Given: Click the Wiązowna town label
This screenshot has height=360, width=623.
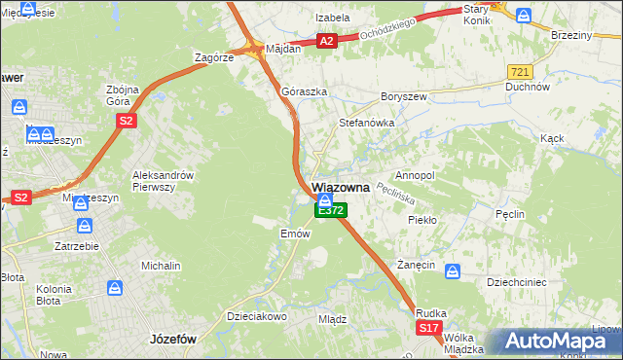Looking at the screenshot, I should [x=340, y=188].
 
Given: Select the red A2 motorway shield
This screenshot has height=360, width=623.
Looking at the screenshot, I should [x=326, y=41].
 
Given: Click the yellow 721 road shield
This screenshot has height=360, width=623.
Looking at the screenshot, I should [x=520, y=73].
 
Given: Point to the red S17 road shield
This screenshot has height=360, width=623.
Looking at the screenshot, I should [x=429, y=329].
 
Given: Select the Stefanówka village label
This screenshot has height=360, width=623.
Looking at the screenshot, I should [x=365, y=124].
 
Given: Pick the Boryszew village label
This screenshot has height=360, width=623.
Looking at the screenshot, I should [x=403, y=98].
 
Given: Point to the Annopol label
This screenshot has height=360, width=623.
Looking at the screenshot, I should [x=414, y=176].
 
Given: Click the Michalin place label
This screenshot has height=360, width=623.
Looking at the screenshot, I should [x=162, y=266].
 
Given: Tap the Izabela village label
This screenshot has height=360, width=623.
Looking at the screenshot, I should [x=332, y=18].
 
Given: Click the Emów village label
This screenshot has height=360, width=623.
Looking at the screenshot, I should [x=295, y=234].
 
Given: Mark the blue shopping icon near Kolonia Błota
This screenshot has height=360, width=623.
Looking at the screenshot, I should [x=115, y=288].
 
